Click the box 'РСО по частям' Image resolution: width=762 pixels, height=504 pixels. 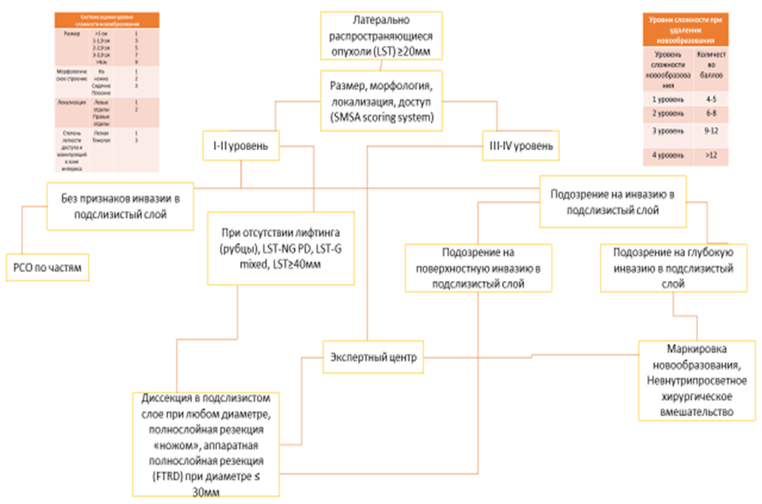pyautogui.click(x=47, y=267)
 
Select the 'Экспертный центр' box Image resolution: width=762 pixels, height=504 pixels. pyautogui.click(x=372, y=358)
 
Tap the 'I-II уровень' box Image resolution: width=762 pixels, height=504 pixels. pyautogui.click(x=242, y=146)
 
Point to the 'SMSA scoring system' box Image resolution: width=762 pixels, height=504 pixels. pyautogui.click(x=381, y=98)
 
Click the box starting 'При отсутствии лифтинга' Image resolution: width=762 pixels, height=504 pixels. pyautogui.click(x=282, y=249)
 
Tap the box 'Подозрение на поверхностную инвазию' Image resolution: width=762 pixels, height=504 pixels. pyautogui.click(x=480, y=267)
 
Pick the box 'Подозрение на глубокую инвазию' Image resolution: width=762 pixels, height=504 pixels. pyautogui.click(x=673, y=267)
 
